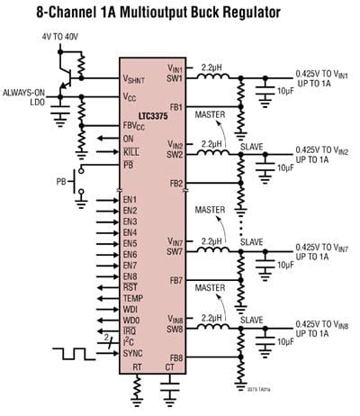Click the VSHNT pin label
[139, 78]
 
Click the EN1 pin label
[130, 199]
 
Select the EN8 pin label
[130, 276]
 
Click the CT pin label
[169, 367]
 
